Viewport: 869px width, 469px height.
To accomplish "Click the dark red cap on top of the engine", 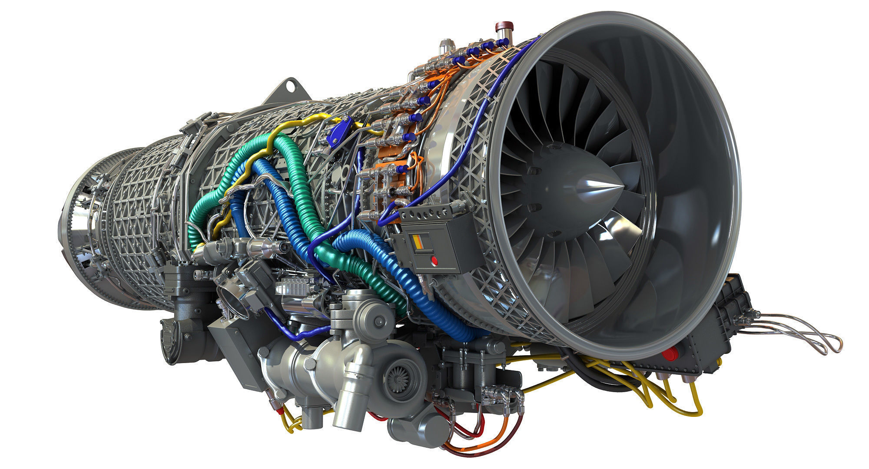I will pos(504,22).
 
